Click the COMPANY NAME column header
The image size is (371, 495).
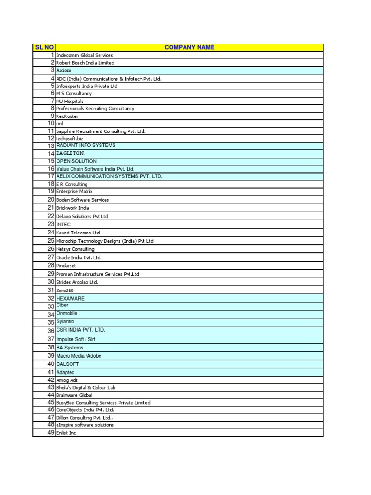(189, 47)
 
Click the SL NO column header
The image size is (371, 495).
(44, 47)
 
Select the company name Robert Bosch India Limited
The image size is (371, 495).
(85, 63)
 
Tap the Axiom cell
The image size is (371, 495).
(64, 71)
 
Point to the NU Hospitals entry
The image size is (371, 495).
(70, 101)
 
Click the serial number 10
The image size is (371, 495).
(51, 124)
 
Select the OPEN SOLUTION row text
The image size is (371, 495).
(76, 161)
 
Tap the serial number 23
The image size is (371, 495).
(51, 224)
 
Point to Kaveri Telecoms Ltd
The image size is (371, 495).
(78, 233)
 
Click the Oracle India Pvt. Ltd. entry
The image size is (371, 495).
(79, 258)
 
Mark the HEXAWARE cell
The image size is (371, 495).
(70, 299)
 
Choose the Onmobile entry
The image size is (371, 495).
(67, 314)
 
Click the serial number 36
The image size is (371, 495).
(51, 331)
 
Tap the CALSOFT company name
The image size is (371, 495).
(68, 364)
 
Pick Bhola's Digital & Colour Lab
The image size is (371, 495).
(86, 388)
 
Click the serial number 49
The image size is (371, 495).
(51, 433)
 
